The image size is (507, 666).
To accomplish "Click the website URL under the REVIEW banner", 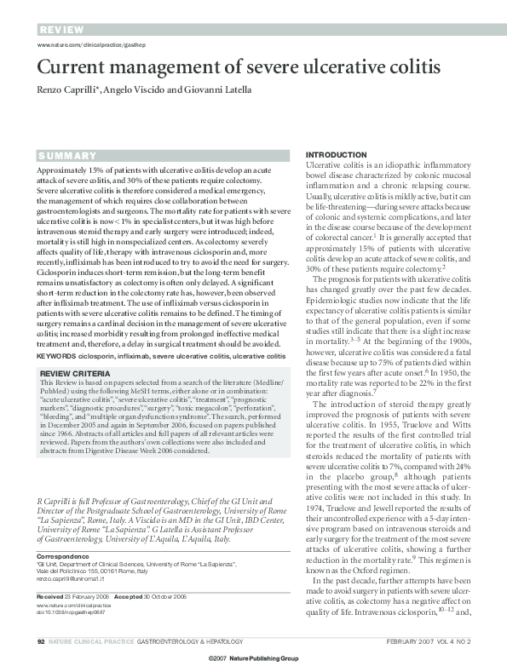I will point(86,44).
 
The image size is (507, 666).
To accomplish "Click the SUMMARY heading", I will point(67,156).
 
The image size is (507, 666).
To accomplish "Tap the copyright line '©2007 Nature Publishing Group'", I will point(253,659).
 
